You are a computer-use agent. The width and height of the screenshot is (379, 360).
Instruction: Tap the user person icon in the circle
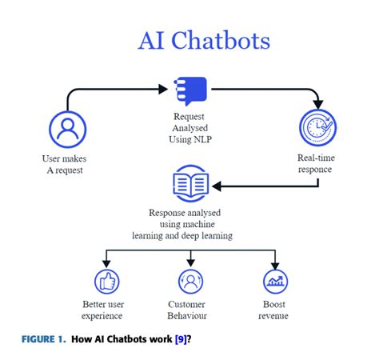pyautogui.click(x=67, y=128)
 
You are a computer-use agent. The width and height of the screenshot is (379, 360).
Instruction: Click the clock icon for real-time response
pyautogui.click(x=316, y=128)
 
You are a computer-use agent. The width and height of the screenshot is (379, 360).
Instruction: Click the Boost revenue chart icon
pyautogui.click(x=276, y=281)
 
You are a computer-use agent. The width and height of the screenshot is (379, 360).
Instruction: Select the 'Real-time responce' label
pyautogui.click(x=316, y=165)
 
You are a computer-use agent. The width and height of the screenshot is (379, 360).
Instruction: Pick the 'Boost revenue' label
pyautogui.click(x=276, y=310)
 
